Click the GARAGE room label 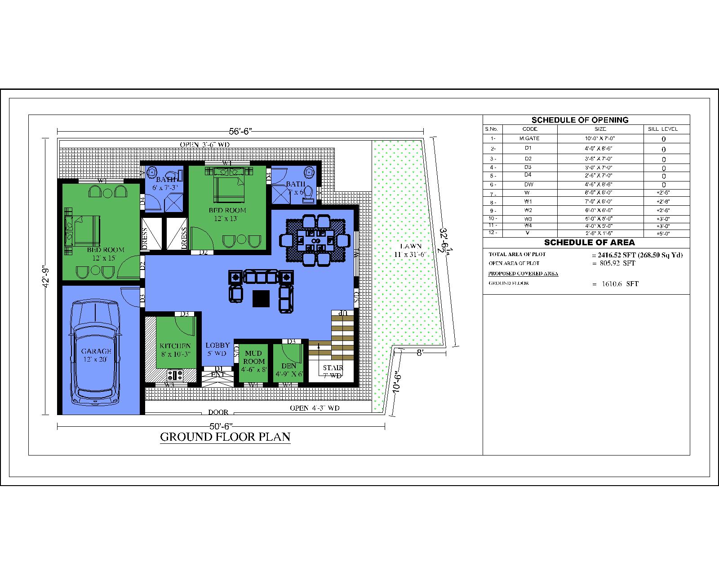96,351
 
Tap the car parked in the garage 96,353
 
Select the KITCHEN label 175,346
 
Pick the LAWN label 411,246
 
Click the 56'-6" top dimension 240,132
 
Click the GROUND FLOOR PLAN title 225,437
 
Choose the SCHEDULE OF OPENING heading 580,120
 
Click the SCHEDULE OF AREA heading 589,243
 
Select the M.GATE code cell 529,138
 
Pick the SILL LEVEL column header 662,129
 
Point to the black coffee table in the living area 261,298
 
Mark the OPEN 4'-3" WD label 315,408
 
